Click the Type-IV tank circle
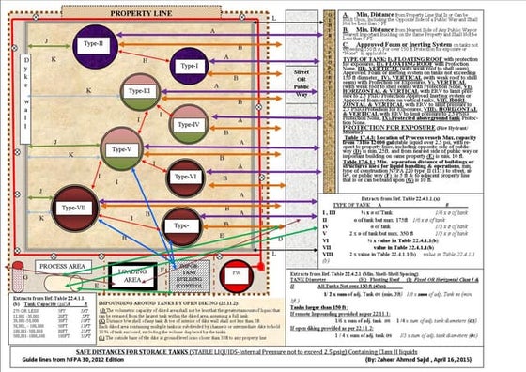(x=188, y=125)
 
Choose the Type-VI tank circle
(x=185, y=176)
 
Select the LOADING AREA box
(x=134, y=276)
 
